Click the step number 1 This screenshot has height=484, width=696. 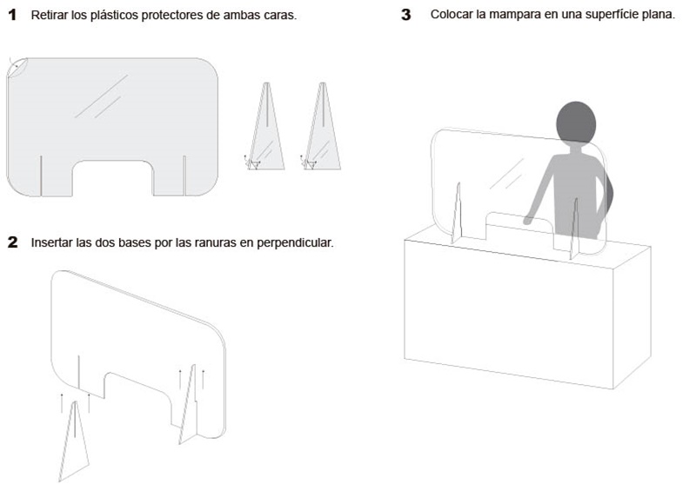pos(12,15)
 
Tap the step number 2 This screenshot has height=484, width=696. pos(13,242)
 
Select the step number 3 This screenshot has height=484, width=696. pos(406,15)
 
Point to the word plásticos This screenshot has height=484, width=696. pos(113,16)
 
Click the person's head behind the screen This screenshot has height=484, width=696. pos(576,122)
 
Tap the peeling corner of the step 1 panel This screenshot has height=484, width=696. pos(17,67)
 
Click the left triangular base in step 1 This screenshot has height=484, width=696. pos(266,126)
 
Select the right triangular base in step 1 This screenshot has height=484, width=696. pos(323,126)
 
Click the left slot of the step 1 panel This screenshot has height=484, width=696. pos(41,176)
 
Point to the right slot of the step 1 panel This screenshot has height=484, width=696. pos(184,176)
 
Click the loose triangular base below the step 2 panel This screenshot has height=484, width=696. pos(74,441)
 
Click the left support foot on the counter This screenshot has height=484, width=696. pos(457,214)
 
